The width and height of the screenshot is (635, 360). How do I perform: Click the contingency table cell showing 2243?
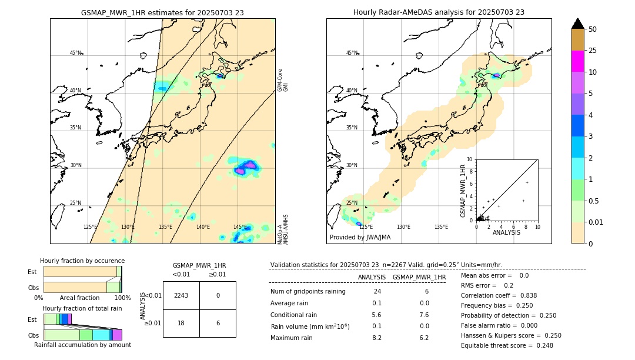tap(181, 295)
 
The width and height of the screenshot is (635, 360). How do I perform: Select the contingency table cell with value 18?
tap(181, 323)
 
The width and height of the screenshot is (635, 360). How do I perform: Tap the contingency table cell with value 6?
tap(218, 323)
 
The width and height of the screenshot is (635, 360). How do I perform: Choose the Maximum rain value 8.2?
tap(377, 338)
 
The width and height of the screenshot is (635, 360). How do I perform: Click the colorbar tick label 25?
tap(593, 51)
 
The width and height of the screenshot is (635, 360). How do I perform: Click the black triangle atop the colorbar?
tap(578, 24)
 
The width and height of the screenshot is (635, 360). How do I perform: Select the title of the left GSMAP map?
tap(162, 12)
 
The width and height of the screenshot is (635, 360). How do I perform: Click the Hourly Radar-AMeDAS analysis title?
tap(439, 12)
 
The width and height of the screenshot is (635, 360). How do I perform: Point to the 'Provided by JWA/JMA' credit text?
tap(360, 237)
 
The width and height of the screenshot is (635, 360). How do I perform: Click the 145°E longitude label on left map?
tap(240, 226)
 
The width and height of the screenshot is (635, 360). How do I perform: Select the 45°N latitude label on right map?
tap(352, 53)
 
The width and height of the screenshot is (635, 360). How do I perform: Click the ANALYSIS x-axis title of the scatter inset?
tap(506, 232)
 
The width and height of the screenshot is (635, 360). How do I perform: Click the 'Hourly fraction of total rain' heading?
tap(82, 309)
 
